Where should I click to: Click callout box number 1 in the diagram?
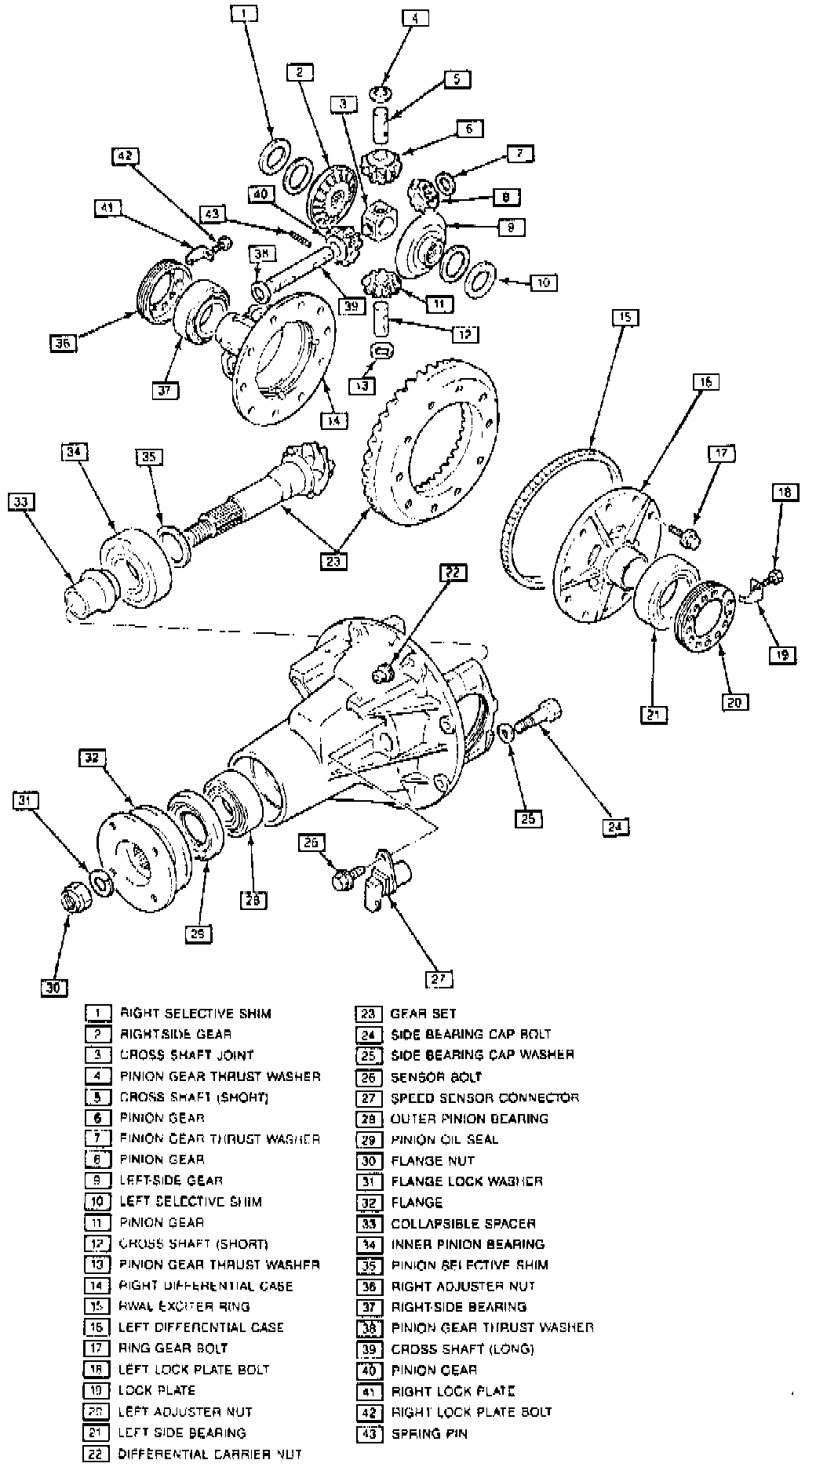pyautogui.click(x=243, y=13)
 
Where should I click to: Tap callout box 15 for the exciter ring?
pyautogui.click(x=625, y=318)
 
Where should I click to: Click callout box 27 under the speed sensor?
pyautogui.click(x=439, y=979)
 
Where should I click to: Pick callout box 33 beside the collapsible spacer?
pyautogui.click(x=22, y=501)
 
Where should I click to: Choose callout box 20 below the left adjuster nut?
pyautogui.click(x=734, y=702)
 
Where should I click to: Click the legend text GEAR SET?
pyautogui.click(x=423, y=1014)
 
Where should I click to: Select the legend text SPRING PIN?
pyautogui.click(x=428, y=1433)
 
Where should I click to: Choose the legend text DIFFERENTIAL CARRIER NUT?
pyautogui.click(x=209, y=1454)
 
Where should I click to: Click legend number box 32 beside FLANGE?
pyautogui.click(x=368, y=1202)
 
